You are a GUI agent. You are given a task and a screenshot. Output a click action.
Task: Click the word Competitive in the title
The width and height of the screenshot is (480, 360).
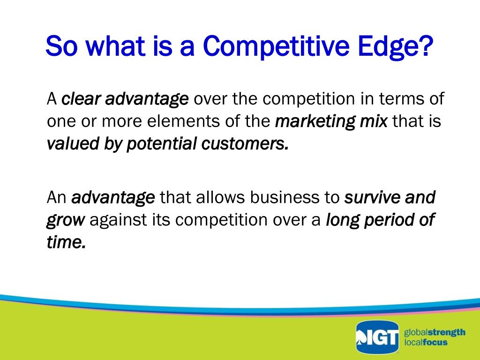tap(276, 47)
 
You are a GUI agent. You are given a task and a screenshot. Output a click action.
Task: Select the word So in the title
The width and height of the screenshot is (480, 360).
tap(61, 46)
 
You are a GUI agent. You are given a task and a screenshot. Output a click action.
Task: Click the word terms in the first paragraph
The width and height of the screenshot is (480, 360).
tap(400, 99)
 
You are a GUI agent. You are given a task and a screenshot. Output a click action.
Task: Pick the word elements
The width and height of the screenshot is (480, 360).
tap(183, 121)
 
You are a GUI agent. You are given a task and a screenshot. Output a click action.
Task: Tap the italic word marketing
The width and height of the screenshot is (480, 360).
tap(315, 121)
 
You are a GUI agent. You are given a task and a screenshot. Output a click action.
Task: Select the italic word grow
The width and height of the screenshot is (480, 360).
tap(66, 220)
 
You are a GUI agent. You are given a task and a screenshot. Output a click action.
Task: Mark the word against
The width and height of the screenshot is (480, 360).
tap(118, 220)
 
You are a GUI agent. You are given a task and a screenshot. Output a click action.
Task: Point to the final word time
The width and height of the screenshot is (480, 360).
tap(66, 242)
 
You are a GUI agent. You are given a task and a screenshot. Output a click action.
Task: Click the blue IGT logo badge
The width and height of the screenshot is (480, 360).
tap(377, 337)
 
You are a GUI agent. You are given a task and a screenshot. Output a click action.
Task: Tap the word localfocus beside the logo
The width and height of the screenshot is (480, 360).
tap(426, 342)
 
